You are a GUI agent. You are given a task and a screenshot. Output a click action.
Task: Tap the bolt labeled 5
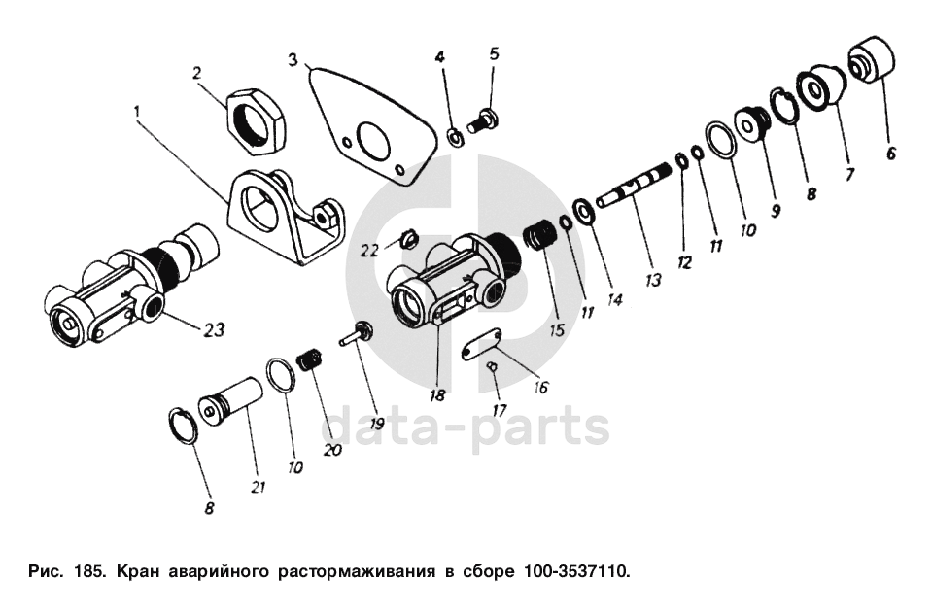point(481,122)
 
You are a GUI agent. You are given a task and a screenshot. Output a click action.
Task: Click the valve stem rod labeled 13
point(637,187)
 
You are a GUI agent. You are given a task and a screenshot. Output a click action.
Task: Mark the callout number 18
point(439,394)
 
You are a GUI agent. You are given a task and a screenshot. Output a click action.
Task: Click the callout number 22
point(370,250)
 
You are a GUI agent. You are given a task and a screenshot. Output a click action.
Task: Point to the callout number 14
point(613,299)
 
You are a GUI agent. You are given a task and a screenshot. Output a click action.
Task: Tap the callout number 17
point(499,409)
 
